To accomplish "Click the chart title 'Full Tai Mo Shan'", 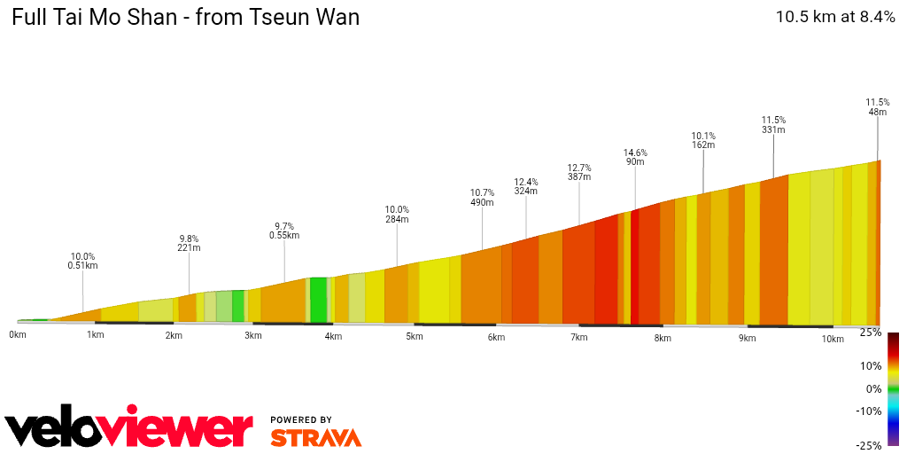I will [x=185, y=17].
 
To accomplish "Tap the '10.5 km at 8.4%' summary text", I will [x=835, y=16].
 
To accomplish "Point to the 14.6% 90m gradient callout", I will [x=634, y=156].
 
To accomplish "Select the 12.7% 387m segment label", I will [x=579, y=172].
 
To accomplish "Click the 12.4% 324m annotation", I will [x=526, y=186].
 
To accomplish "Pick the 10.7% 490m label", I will [x=482, y=197].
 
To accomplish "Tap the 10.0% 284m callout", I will [x=397, y=214].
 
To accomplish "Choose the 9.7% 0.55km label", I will [x=283, y=231].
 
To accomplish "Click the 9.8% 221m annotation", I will [x=189, y=244].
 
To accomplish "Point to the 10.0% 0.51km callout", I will [x=82, y=261].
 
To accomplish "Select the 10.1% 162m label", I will [x=703, y=140].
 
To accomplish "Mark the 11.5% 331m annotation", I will [x=773, y=125].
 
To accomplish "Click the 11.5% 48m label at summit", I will [x=877, y=107].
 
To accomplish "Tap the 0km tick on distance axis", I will [x=18, y=334].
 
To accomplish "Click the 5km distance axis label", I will [x=414, y=336].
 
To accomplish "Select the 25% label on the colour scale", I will [x=871, y=333].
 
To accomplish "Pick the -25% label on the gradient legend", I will [x=869, y=445].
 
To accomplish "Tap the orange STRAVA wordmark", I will [x=315, y=437].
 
